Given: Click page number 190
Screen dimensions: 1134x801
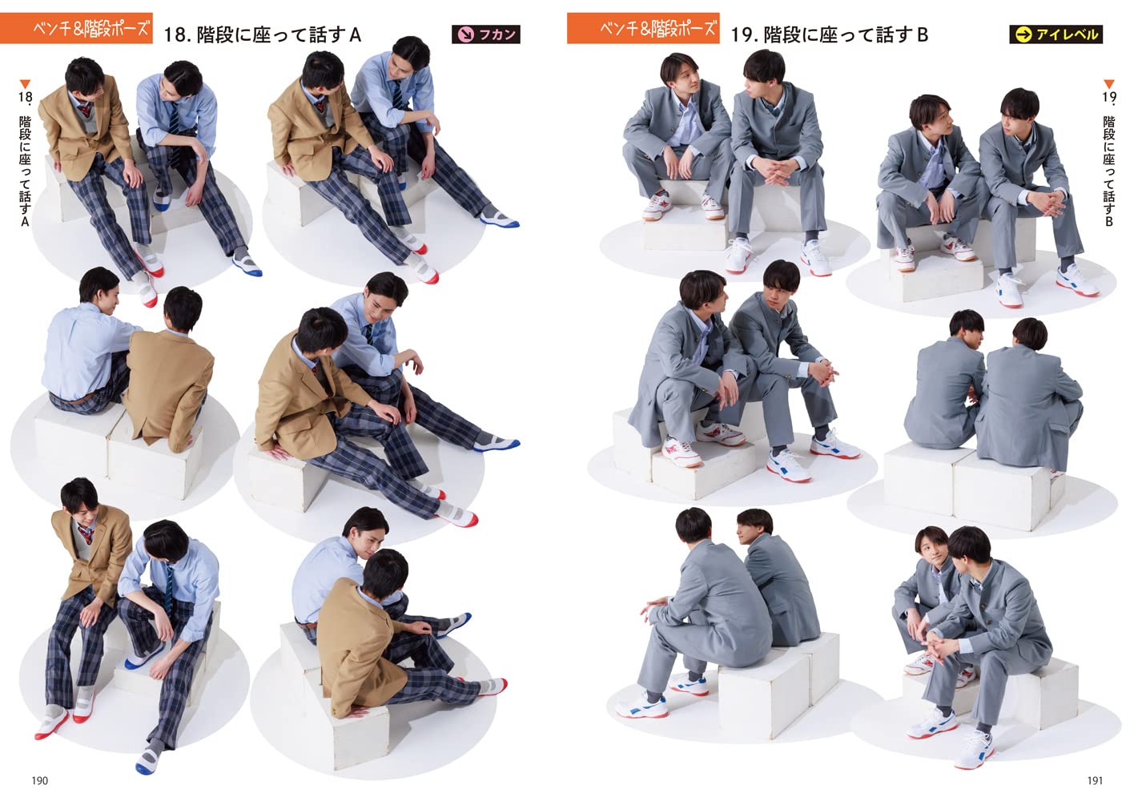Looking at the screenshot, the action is [x=39, y=780].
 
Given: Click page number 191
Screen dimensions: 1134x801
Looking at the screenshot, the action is [x=1095, y=780].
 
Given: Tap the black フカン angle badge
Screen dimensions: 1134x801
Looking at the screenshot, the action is [x=485, y=34].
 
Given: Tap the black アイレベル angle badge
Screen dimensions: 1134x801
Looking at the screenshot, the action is [x=1056, y=34].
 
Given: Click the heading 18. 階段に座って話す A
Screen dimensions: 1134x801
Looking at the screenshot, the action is [x=262, y=35].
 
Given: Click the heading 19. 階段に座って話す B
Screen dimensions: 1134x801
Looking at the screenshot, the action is [x=829, y=35].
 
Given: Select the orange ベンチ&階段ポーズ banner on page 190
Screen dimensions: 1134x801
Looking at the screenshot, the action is [x=76, y=28].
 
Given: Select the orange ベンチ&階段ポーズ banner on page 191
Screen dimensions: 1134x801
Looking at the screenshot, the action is [x=643, y=28].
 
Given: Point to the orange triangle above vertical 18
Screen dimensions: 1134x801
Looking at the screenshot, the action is [x=25, y=83].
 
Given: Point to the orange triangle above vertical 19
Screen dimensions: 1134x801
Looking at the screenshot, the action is [x=1108, y=83].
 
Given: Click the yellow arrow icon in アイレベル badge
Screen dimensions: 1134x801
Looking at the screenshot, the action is [x=1023, y=34].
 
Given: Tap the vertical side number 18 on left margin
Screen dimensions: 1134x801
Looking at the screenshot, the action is [x=25, y=97].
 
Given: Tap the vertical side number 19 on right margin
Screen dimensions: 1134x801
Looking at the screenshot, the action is [x=1108, y=97].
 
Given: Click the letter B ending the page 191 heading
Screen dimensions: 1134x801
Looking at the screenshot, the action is [x=922, y=35].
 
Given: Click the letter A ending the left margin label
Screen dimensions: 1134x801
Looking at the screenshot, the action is [x=25, y=221].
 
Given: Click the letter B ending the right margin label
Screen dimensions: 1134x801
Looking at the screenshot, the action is [x=1108, y=221].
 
